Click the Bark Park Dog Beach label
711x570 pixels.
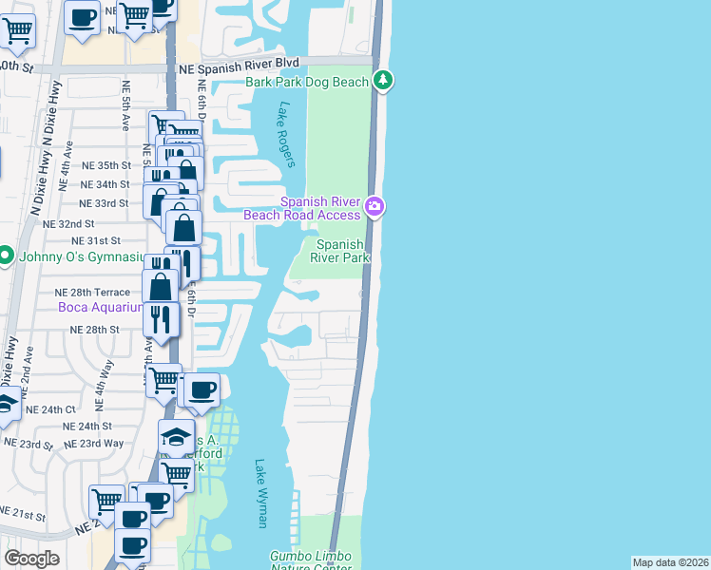[307, 83]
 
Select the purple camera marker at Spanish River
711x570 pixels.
[375, 206]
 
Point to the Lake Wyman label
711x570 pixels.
[261, 493]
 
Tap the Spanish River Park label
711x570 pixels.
[341, 252]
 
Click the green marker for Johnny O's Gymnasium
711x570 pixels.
[6, 256]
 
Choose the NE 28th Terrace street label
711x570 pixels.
[92, 292]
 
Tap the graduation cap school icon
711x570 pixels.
[176, 436]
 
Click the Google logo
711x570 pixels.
[32, 559]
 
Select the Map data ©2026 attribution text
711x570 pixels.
[670, 562]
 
